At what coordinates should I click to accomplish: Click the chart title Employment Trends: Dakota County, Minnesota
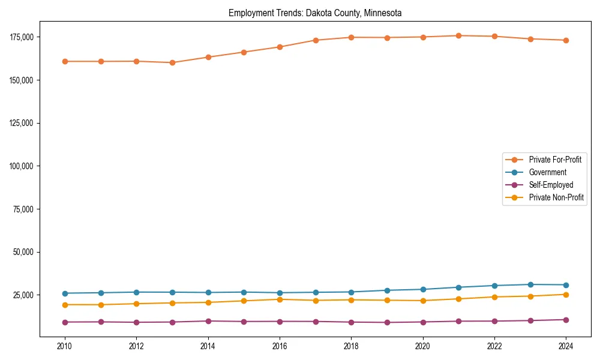(315, 13)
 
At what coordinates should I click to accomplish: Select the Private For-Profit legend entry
(554, 160)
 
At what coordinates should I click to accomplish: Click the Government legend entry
(547, 172)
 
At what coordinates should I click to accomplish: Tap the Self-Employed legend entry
(551, 185)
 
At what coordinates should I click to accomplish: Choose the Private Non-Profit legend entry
(556, 197)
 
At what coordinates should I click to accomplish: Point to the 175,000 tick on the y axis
(22, 37)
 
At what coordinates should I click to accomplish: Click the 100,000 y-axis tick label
(22, 166)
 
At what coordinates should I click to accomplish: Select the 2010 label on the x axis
(65, 346)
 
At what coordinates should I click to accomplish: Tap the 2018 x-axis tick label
(352, 346)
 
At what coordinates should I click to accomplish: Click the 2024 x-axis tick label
(566, 346)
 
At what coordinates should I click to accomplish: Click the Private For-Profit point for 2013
(172, 62)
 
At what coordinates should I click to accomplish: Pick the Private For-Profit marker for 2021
(458, 35)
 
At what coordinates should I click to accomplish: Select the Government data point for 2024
(566, 285)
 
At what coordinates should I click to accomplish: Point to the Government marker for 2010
(65, 293)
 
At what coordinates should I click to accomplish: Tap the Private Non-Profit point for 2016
(280, 299)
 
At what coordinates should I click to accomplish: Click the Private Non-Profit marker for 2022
(494, 297)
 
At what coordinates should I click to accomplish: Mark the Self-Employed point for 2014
(208, 321)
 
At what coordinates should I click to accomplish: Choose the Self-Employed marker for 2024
(566, 320)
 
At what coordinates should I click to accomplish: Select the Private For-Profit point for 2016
(280, 47)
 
